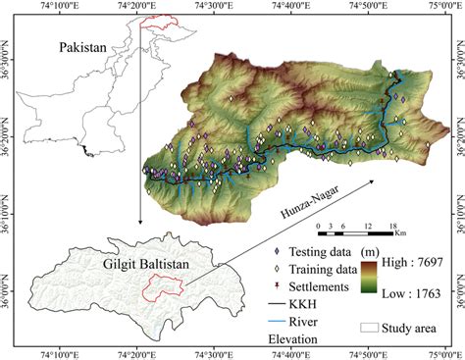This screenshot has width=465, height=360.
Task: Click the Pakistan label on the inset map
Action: [x=84, y=47]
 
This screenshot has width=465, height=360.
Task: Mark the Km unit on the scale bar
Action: [x=400, y=233]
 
